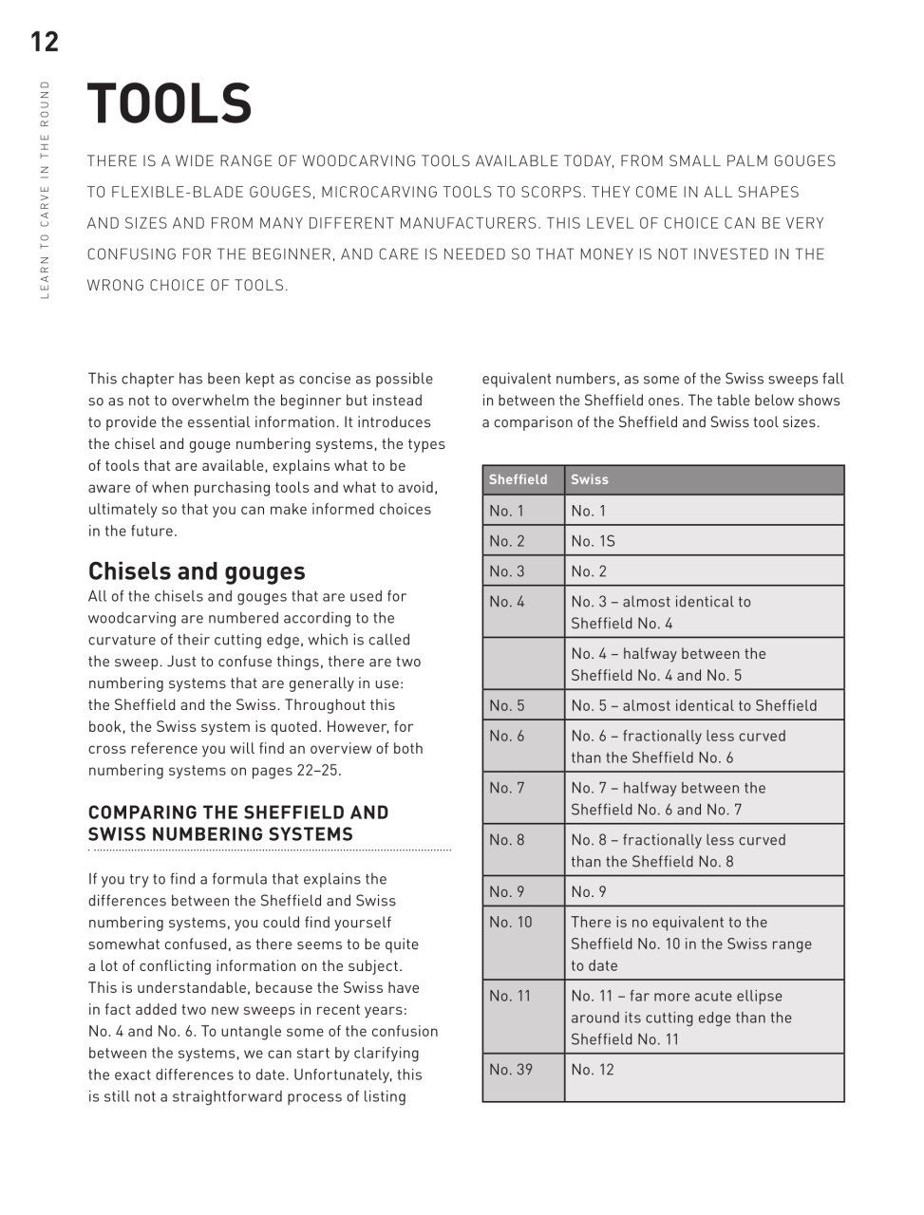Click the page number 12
coord(44,42)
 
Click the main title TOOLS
coord(169,103)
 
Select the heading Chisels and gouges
coord(197,571)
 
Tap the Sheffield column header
coord(518,479)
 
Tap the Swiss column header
coord(590,479)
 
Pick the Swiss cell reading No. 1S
coord(593,541)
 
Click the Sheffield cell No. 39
coord(511,1070)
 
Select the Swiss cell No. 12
coord(593,1070)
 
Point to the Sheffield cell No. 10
coord(511,923)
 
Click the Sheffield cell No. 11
coord(510,996)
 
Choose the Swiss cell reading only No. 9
coord(589,892)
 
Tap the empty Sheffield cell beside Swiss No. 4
coord(523,664)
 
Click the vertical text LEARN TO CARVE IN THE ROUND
coord(45,190)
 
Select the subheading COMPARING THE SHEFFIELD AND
coord(238,813)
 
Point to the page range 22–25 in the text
coord(318,770)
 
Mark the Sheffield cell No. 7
coord(507,788)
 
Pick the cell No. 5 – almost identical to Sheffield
coord(693,705)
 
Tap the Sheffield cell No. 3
coord(507,571)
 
